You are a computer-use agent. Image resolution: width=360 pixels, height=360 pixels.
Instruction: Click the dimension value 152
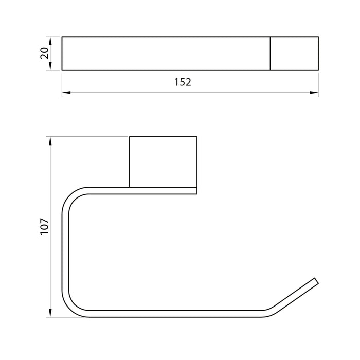tap(183, 82)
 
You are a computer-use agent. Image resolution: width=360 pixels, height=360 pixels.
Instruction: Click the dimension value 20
tap(45, 53)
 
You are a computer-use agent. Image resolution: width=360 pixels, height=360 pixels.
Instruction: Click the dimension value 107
tap(45, 226)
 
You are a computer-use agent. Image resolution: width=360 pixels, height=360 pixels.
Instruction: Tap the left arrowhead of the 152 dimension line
tap(66, 93)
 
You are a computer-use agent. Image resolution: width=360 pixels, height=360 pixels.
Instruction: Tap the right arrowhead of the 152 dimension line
tap(314, 93)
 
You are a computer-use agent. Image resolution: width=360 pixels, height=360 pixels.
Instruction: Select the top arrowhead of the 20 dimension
tap(50, 41)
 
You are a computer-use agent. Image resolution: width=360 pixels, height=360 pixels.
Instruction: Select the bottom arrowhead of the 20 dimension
tap(50, 66)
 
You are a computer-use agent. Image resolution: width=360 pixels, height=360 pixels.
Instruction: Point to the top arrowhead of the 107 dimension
tap(50, 141)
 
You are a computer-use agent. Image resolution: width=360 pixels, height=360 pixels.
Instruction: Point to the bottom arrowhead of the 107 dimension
tap(50, 313)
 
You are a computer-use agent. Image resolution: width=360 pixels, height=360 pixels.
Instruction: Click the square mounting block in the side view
tap(163, 162)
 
